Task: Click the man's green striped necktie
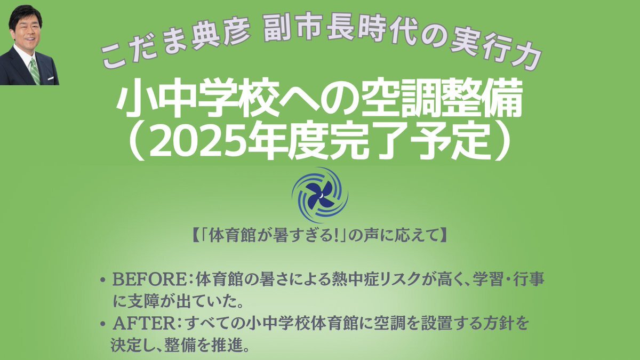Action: click(x=35, y=71)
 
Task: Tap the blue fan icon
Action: click(x=319, y=195)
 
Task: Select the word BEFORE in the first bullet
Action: click(x=149, y=280)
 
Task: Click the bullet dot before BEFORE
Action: click(x=102, y=281)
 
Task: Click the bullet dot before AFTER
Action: click(x=102, y=325)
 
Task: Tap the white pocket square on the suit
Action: click(x=51, y=78)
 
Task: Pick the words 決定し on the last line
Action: click(x=130, y=346)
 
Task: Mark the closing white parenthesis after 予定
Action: click(x=503, y=142)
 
